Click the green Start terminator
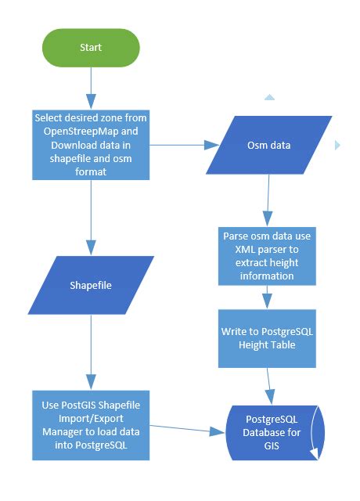pyautogui.click(x=91, y=48)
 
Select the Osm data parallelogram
pyautogui.click(x=268, y=146)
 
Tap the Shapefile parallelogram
pyautogui.click(x=91, y=285)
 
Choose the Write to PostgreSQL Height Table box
pyautogui.click(x=268, y=337)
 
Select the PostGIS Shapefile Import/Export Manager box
pyautogui.click(x=91, y=424)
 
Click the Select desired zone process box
pyautogui.click(x=91, y=144)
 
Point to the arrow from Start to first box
pyautogui.click(x=92, y=88)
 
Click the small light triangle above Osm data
pyautogui.click(x=269, y=98)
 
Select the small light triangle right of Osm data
pyautogui.click(x=337, y=145)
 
